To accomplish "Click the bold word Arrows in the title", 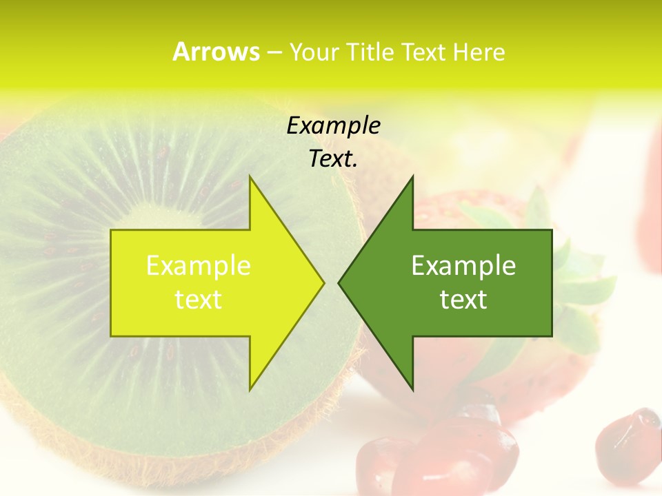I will [x=216, y=52].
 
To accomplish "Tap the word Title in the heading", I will [x=370, y=52].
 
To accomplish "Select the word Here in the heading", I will [x=479, y=52].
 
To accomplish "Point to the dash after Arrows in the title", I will [x=274, y=52].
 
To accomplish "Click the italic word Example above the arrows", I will [x=333, y=125].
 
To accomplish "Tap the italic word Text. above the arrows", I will [x=333, y=158].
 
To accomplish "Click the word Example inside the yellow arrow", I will [x=199, y=265].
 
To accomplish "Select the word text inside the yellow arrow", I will [x=199, y=300].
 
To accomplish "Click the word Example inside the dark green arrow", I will [x=463, y=265].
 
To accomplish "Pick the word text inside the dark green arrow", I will [x=463, y=300].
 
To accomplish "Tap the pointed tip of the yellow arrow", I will [x=323, y=282].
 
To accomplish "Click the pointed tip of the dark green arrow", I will [x=340, y=282].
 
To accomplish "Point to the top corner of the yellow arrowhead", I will [x=250, y=177].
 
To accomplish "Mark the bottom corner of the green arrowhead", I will [x=412, y=389].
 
